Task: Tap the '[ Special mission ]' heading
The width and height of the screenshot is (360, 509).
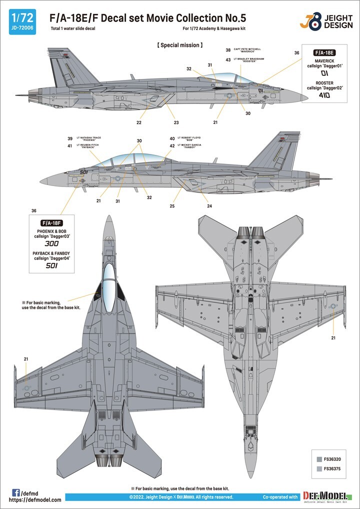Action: point(180,45)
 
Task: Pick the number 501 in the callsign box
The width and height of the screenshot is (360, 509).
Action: point(51,265)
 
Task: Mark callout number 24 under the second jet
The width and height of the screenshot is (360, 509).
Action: point(209,206)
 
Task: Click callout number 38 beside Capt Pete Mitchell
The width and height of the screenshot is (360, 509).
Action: point(228,50)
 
